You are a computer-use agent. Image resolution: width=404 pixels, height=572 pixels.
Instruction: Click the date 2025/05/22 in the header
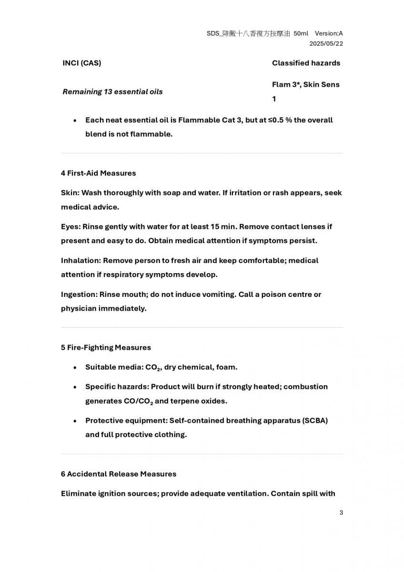click(x=326, y=43)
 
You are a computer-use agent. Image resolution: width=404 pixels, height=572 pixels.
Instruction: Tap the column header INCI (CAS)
click(x=81, y=63)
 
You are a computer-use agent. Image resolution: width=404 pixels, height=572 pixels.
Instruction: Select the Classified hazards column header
click(x=306, y=63)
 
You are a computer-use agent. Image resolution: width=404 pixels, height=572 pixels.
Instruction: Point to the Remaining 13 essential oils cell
click(x=112, y=92)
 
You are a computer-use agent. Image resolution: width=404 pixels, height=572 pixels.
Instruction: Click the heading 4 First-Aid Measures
click(x=98, y=173)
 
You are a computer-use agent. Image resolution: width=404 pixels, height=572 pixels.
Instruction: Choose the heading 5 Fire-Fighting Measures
click(x=106, y=347)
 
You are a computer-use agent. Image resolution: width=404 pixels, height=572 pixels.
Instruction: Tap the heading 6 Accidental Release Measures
click(x=118, y=474)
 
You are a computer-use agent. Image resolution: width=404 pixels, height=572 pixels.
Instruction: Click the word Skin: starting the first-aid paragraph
click(x=70, y=193)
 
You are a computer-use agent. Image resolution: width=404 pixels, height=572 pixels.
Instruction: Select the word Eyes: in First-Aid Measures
click(x=71, y=226)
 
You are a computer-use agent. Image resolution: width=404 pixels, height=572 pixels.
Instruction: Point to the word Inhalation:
click(x=81, y=260)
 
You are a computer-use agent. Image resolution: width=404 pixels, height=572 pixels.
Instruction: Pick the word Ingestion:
click(x=79, y=294)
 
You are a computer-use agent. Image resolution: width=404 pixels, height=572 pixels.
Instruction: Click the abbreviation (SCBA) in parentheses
click(x=315, y=420)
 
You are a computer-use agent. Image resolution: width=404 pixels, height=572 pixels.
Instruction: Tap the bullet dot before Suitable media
click(x=75, y=368)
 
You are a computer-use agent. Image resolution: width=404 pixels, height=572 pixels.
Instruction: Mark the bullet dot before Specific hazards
click(x=75, y=387)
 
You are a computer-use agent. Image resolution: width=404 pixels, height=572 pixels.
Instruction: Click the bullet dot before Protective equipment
click(x=75, y=421)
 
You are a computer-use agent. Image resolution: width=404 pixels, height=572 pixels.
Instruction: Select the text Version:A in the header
click(x=329, y=33)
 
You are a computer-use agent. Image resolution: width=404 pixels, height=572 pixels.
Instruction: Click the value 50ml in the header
click(x=301, y=33)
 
